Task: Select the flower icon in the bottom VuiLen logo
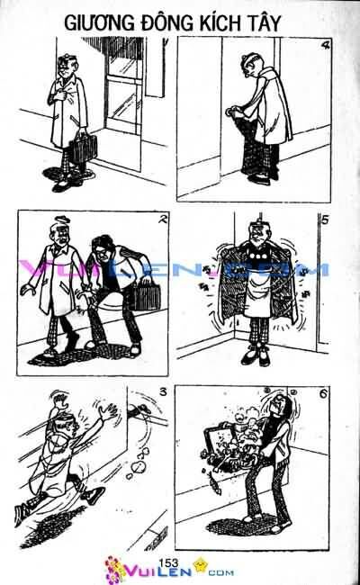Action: pyautogui.click(x=114, y=570)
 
